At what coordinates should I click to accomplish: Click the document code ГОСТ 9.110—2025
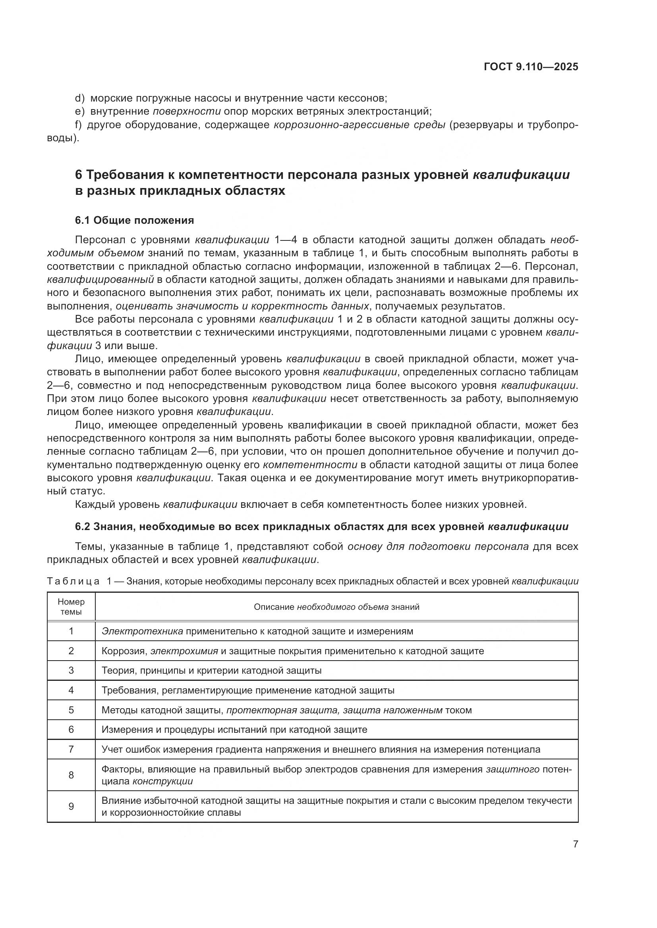click(531, 67)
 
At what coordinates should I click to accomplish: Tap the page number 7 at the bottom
click(576, 844)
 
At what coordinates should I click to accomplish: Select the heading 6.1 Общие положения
click(134, 220)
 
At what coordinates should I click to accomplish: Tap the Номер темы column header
click(71, 607)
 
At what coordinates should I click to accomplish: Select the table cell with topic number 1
click(71, 631)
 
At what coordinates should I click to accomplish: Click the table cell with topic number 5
click(71, 710)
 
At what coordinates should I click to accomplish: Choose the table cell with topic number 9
click(71, 807)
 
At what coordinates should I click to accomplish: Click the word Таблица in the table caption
click(73, 582)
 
